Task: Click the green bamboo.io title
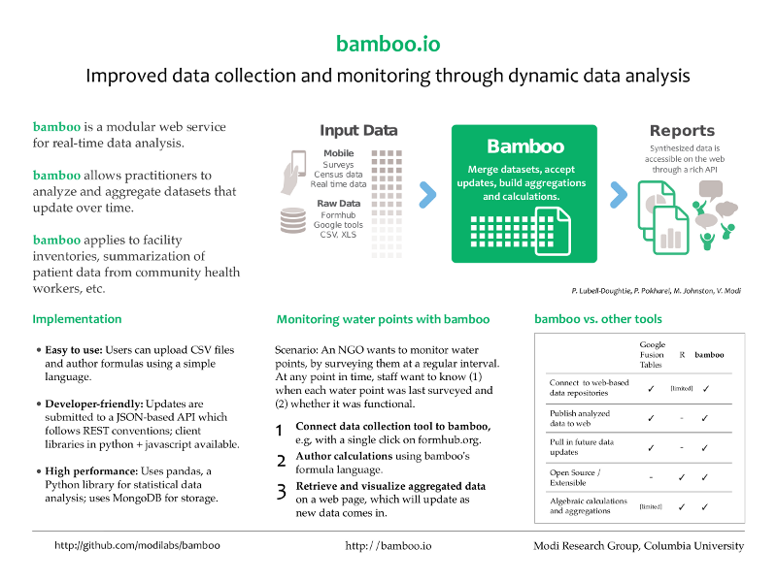click(x=388, y=44)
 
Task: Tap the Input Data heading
click(x=358, y=130)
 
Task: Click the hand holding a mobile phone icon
click(x=293, y=173)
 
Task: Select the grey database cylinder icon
click(x=293, y=220)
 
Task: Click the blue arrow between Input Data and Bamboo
click(x=427, y=195)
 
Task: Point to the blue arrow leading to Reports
click(x=619, y=195)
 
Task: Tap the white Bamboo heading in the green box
click(x=525, y=146)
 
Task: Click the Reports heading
click(x=682, y=131)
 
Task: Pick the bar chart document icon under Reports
click(x=670, y=230)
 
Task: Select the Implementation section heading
click(x=77, y=319)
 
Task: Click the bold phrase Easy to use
click(x=74, y=350)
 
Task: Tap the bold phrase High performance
click(x=91, y=471)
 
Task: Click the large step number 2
click(x=281, y=462)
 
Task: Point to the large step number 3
click(x=281, y=492)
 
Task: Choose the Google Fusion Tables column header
click(x=652, y=354)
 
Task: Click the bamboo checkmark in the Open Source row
click(x=705, y=477)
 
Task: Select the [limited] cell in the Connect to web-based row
click(x=682, y=389)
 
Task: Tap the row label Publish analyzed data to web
click(x=579, y=418)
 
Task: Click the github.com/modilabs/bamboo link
click(x=137, y=545)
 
